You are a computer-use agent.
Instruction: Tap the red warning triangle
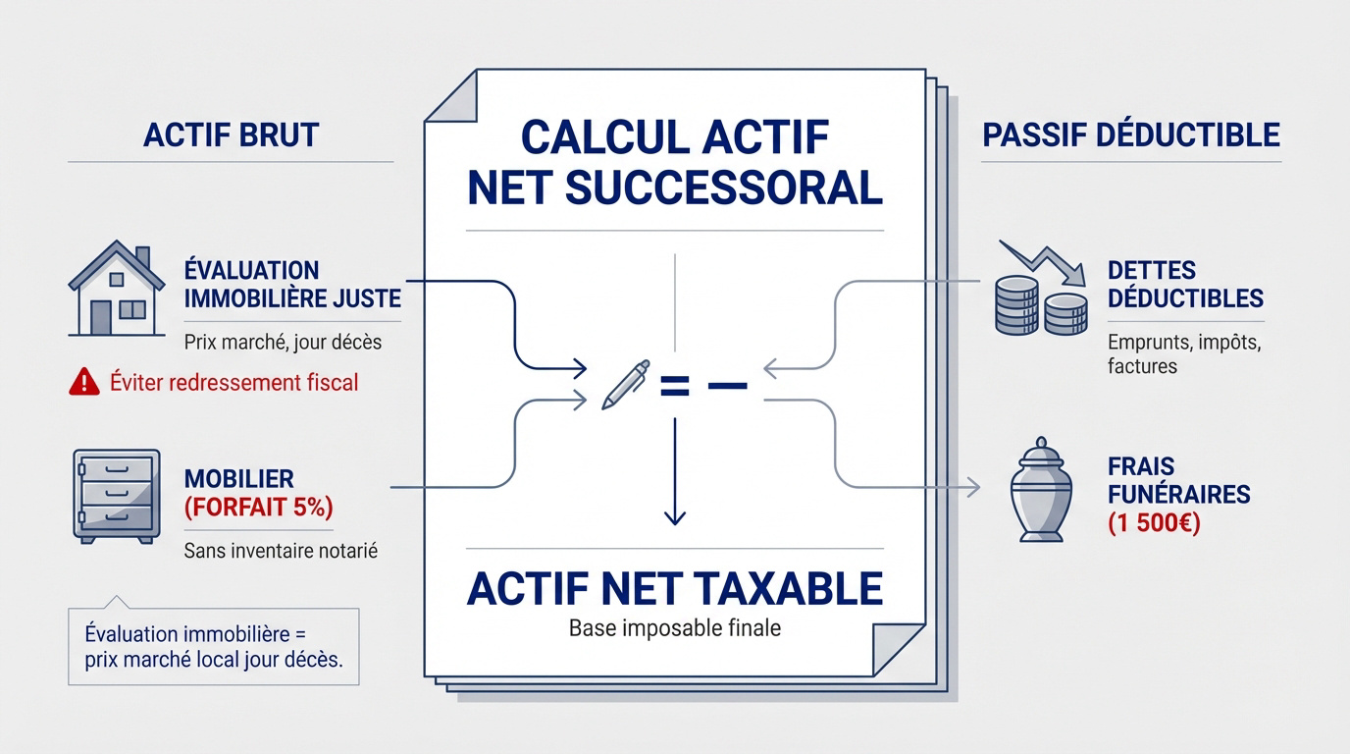click(84, 382)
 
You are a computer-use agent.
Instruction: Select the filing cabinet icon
click(116, 496)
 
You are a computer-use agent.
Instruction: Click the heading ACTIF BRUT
click(231, 135)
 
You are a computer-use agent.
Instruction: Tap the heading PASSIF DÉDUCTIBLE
click(1130, 135)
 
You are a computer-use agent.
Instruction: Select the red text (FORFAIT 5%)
click(258, 508)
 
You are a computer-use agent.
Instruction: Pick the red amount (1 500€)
click(1154, 522)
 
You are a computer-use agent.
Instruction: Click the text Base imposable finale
click(675, 627)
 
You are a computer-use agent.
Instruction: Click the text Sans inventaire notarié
click(281, 551)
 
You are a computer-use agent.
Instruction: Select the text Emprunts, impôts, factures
click(1183, 354)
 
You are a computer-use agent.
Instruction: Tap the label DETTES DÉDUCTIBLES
click(1184, 283)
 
